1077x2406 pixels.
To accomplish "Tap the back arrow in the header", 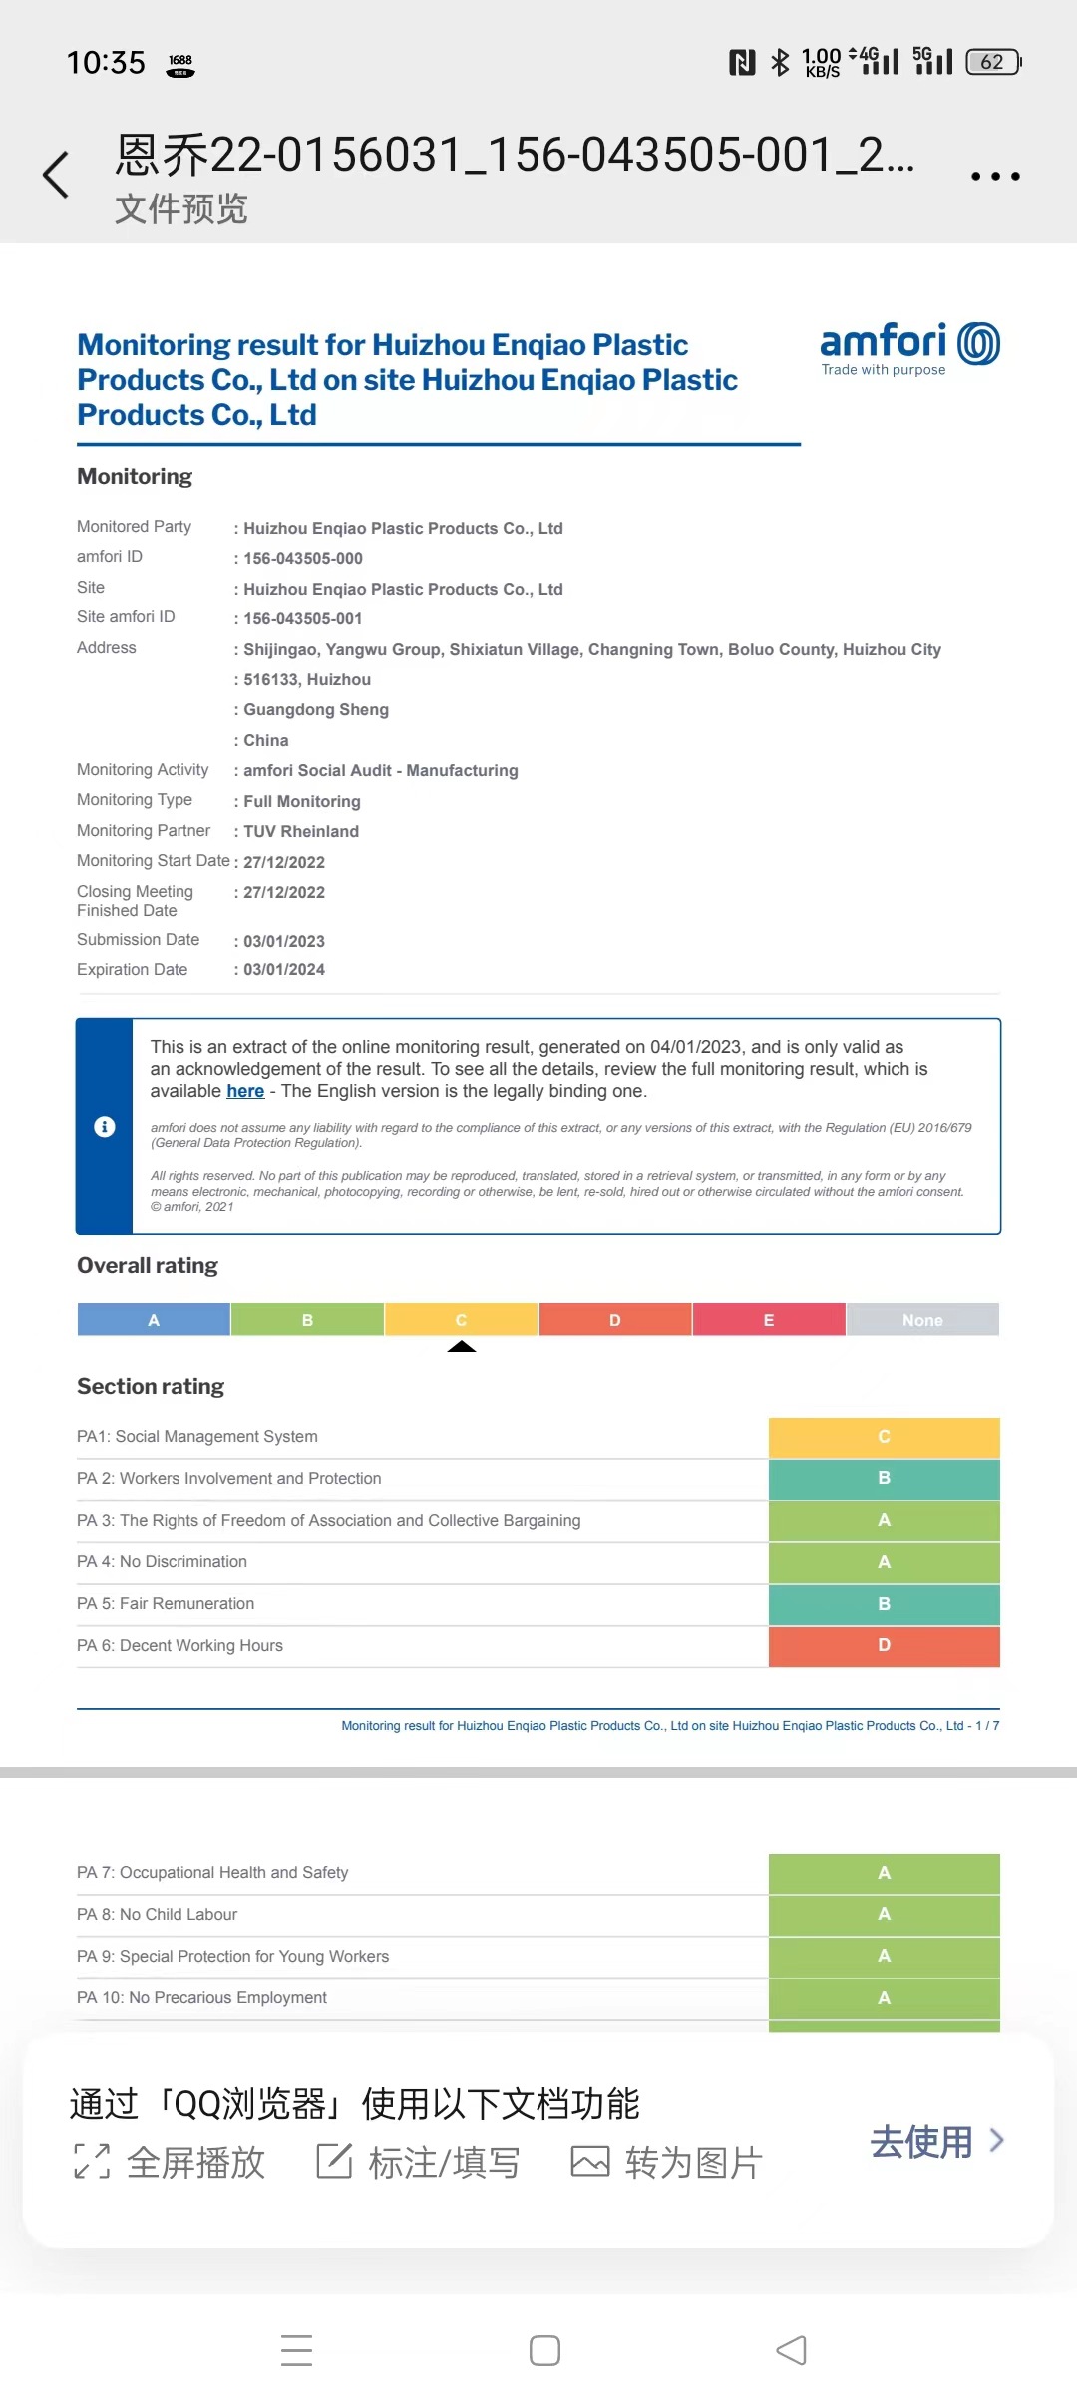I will (57, 176).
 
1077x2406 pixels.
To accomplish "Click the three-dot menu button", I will (995, 177).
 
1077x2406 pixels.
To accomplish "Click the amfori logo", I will (908, 348).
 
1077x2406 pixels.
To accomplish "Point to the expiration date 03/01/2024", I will (284, 970).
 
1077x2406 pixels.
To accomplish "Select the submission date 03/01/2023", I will (284, 941).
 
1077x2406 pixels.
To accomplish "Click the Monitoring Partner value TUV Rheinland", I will (301, 832).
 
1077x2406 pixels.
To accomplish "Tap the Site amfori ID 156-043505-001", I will (302, 619).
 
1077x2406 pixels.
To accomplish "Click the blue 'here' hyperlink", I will (245, 1091).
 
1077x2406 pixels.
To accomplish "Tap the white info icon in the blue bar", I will (105, 1127).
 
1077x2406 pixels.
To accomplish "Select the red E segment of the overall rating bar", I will (769, 1320).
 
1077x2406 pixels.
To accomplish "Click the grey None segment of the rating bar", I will (922, 1320).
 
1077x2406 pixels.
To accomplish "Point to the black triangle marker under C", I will (462, 1347).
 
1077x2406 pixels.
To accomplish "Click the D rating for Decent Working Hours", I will (884, 1645).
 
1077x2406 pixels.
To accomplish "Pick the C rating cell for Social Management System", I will (884, 1437).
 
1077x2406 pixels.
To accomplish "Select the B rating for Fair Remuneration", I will (884, 1604).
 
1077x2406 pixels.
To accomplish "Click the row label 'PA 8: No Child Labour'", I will (158, 1915).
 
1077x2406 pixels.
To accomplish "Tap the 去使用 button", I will (935, 2142).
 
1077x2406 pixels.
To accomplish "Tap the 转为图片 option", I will (667, 2163).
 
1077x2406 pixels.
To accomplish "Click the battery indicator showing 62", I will (993, 62).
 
